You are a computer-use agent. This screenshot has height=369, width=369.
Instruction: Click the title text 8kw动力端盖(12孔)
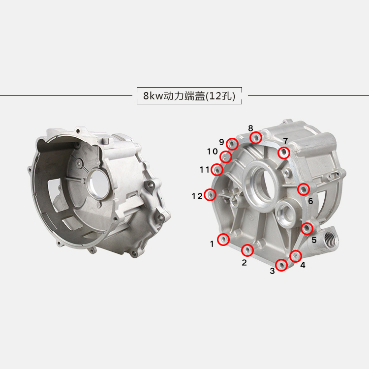pyautogui.click(x=189, y=96)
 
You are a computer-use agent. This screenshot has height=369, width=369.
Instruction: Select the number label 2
pyautogui.click(x=244, y=262)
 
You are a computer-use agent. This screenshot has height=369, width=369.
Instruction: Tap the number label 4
pyautogui.click(x=303, y=265)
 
